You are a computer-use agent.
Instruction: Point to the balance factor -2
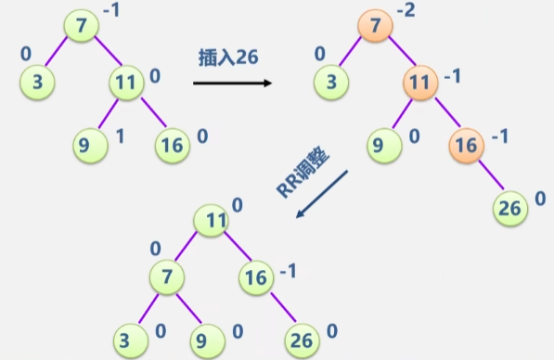[406, 11]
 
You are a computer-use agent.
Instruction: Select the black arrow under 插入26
[233, 84]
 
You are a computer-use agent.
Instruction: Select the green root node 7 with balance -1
[81, 25]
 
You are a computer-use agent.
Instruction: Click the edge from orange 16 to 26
[488, 176]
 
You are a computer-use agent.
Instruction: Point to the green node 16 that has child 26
[256, 275]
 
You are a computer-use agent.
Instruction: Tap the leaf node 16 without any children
[171, 144]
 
